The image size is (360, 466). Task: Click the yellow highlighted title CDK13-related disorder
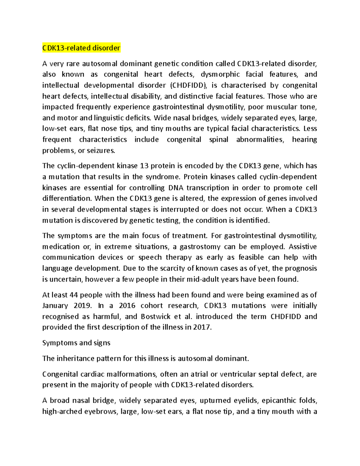click(81, 48)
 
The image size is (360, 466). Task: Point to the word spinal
click(219, 140)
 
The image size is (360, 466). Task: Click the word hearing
click(304, 140)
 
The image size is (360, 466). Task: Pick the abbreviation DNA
click(175, 188)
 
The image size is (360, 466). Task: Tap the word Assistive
click(302, 247)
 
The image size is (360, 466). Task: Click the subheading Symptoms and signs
click(76, 343)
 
